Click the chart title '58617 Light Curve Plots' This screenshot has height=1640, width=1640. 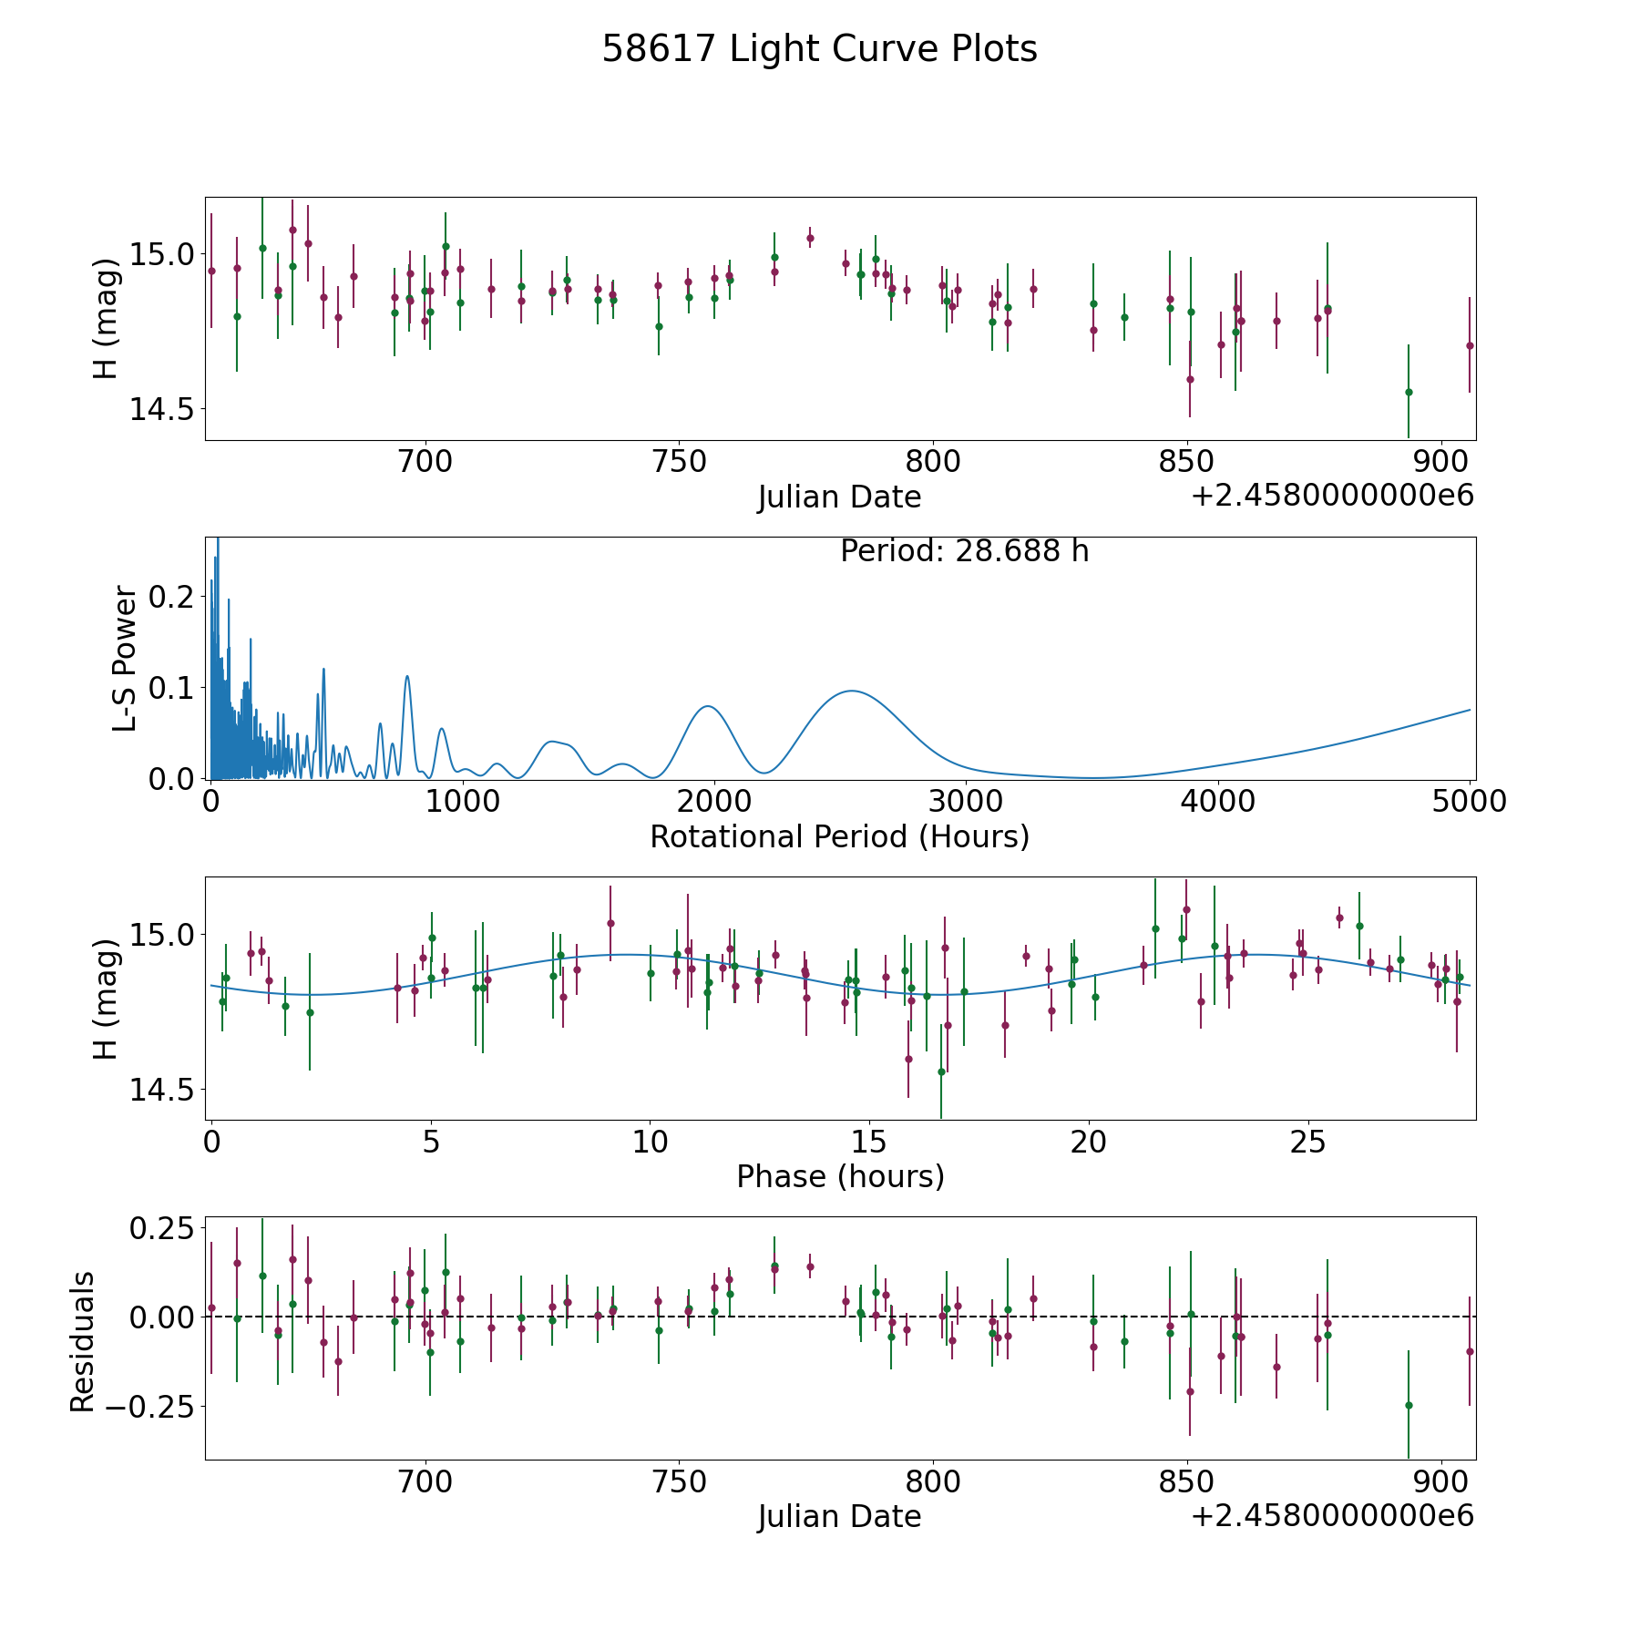point(819,49)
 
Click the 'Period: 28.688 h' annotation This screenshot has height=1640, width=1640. point(964,551)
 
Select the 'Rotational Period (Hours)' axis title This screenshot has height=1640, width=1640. point(839,836)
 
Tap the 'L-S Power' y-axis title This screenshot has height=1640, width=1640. point(125,659)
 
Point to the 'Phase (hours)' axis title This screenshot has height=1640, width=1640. point(840,1176)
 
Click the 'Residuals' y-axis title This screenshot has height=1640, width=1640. point(82,1341)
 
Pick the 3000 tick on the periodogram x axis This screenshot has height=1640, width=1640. point(967,802)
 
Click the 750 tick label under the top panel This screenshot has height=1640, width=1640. point(681,462)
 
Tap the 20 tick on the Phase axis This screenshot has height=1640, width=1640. point(1089,1142)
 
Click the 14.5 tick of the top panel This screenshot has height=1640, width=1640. point(161,410)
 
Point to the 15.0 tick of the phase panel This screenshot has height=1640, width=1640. point(161,935)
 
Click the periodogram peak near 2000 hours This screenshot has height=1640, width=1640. point(708,705)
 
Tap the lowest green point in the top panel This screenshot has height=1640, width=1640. point(1409,392)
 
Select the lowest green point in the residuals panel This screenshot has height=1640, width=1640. point(1409,1405)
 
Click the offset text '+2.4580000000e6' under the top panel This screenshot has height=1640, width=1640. point(1332,496)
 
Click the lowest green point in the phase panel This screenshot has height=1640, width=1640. point(941,1071)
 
